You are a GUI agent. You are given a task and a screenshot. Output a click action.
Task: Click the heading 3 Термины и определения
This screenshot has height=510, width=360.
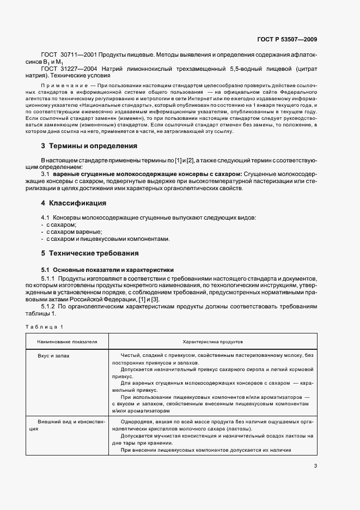89,146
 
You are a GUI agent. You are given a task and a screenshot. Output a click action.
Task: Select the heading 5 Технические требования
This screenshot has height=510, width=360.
90,253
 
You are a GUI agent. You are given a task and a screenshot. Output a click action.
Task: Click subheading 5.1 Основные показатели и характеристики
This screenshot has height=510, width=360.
107,270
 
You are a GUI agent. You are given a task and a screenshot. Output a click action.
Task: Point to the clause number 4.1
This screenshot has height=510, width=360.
46,217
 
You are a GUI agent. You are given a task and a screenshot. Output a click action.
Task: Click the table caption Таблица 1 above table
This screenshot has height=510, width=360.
44,326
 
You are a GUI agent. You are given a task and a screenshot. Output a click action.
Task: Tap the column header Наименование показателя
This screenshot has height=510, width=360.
67,341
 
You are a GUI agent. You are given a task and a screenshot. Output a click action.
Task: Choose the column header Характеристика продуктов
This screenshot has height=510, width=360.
213,341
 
